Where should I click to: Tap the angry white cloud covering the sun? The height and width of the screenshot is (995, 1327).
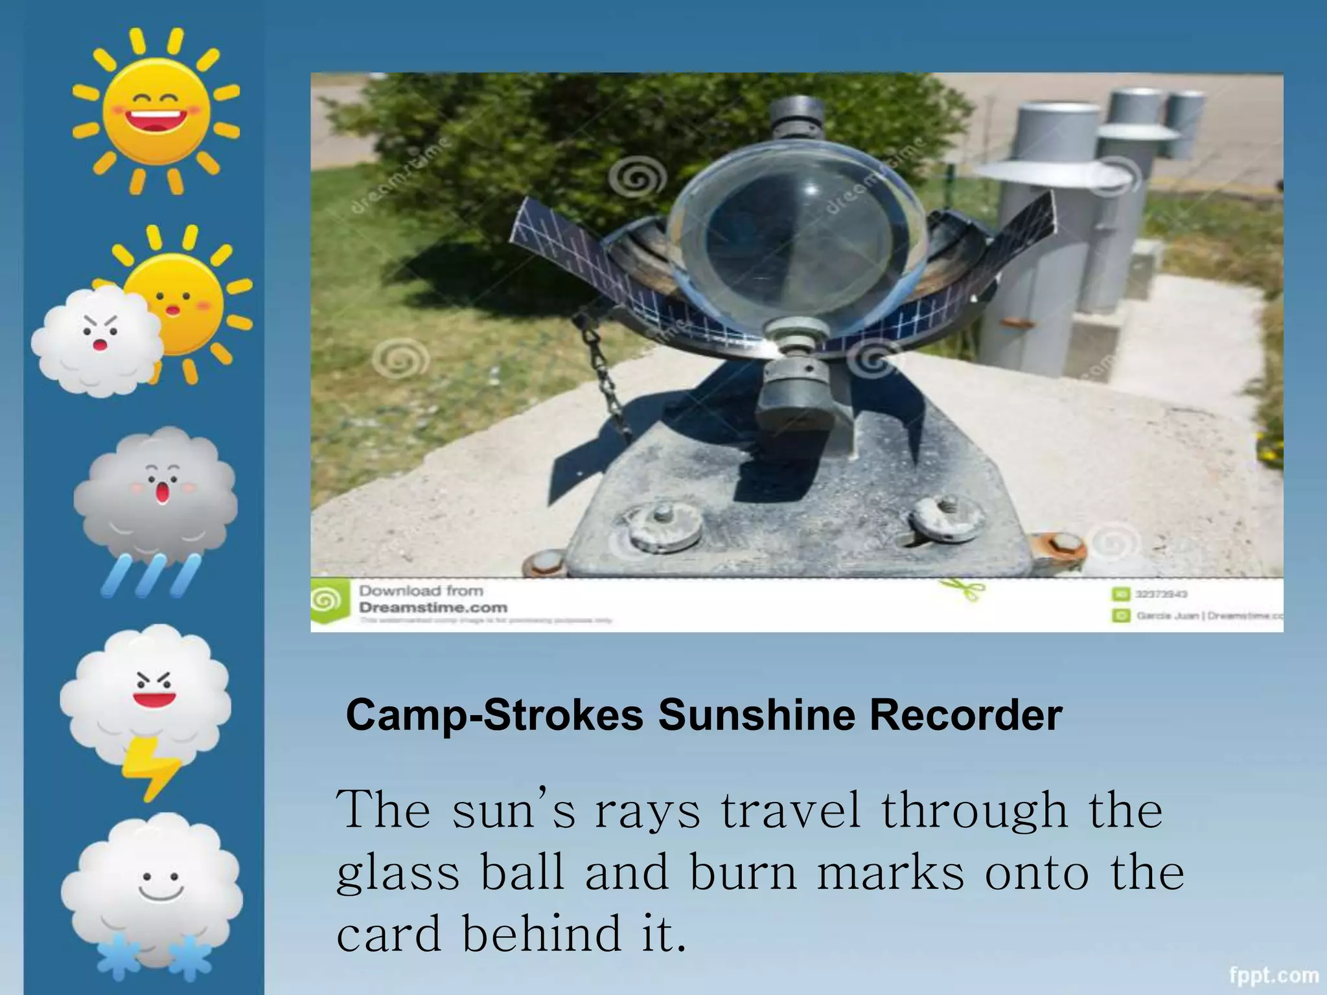(97, 341)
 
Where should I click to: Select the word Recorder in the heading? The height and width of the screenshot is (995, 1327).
(965, 715)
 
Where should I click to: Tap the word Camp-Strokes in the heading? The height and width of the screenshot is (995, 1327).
(495, 715)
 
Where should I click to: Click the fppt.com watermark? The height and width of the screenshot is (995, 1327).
(1274, 975)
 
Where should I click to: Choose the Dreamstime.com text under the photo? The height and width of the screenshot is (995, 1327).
(433, 608)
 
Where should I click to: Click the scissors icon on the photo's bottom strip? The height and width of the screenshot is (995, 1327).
(962, 589)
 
